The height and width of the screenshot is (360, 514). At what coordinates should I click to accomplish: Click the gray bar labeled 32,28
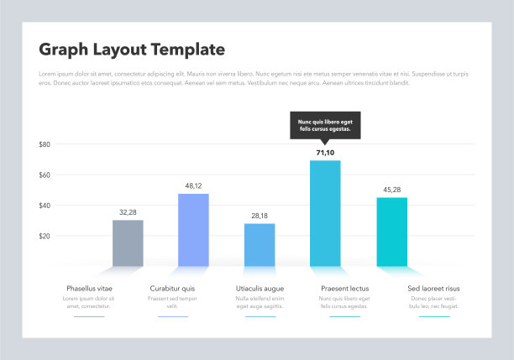click(x=128, y=243)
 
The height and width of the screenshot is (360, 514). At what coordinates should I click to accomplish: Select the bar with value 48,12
click(x=193, y=230)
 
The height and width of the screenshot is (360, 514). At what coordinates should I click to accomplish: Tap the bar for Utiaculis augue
click(x=260, y=245)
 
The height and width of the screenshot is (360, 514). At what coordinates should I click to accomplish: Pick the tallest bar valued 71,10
click(x=325, y=213)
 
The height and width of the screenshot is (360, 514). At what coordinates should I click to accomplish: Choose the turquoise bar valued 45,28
click(x=391, y=232)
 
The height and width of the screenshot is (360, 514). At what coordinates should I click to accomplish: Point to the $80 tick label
click(x=45, y=144)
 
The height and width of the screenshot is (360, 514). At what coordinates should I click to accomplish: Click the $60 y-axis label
click(x=45, y=175)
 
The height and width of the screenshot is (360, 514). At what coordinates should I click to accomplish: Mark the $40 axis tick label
click(x=45, y=206)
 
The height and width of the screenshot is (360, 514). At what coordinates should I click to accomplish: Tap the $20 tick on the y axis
click(x=45, y=237)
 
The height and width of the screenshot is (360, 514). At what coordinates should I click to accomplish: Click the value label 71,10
click(x=325, y=153)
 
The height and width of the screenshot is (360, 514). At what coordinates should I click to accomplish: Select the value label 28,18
click(x=260, y=216)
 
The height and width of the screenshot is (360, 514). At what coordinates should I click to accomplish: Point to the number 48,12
click(x=193, y=185)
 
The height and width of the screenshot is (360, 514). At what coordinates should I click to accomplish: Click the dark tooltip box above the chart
click(x=325, y=125)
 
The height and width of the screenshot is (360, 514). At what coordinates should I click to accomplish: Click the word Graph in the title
click(x=64, y=50)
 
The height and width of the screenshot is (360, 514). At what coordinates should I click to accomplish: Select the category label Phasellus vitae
click(x=89, y=289)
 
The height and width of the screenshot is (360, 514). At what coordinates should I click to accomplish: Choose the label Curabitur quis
click(x=172, y=289)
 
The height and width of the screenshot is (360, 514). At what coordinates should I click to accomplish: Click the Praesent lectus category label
click(x=344, y=289)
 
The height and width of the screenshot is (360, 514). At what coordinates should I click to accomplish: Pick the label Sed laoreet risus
click(x=433, y=289)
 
